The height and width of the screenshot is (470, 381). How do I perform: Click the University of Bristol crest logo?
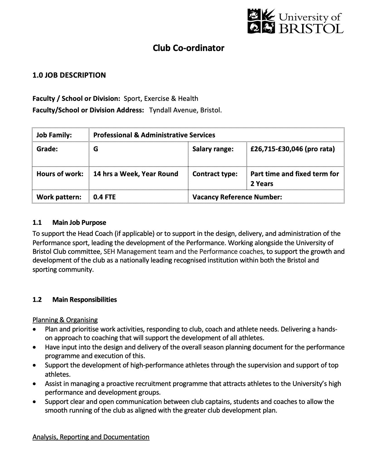click(x=261, y=21)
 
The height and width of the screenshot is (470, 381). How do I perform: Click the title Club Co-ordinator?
click(x=188, y=48)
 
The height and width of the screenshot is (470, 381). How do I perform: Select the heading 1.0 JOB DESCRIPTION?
click(x=69, y=75)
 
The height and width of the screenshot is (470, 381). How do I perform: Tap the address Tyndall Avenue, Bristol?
click(x=185, y=110)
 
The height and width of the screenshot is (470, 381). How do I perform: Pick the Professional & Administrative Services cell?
click(x=154, y=135)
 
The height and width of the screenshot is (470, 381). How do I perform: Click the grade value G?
click(x=96, y=149)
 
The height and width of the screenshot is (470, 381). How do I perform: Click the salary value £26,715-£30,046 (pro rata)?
click(x=292, y=149)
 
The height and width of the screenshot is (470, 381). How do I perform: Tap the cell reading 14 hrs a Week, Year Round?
click(x=135, y=174)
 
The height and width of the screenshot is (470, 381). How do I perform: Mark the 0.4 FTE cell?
click(x=104, y=197)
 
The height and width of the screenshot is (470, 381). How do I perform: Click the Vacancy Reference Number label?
click(x=237, y=197)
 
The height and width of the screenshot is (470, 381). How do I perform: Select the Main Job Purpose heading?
click(x=79, y=223)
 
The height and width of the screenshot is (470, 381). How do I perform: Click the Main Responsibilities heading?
click(x=84, y=300)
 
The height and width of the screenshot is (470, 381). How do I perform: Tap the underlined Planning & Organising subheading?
click(x=65, y=320)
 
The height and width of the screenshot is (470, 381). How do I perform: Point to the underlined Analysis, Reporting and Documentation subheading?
click(x=91, y=437)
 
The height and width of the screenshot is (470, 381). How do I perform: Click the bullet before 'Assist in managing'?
click(x=35, y=384)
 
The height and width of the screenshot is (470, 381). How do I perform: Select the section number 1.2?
click(x=37, y=300)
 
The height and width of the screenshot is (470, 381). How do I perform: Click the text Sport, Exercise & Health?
click(x=161, y=99)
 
